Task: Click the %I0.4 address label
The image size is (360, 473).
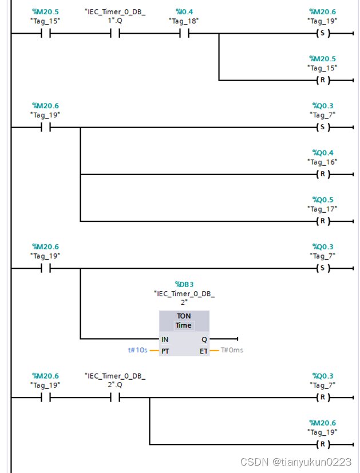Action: pyautogui.click(x=184, y=11)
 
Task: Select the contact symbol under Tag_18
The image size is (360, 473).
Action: pyautogui.click(x=184, y=33)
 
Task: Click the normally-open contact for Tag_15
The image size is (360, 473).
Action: pyautogui.click(x=45, y=33)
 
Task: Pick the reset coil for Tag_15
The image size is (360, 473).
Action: pyautogui.click(x=323, y=80)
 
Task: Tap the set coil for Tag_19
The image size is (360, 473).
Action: pyautogui.click(x=323, y=33)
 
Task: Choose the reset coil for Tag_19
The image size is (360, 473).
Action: pyautogui.click(x=323, y=444)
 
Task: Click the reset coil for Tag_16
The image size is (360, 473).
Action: pyautogui.click(x=323, y=174)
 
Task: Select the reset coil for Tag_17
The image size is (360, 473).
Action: pyautogui.click(x=323, y=221)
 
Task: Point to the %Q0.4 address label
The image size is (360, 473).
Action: pyautogui.click(x=322, y=153)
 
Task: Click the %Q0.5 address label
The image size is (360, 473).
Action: pyautogui.click(x=322, y=200)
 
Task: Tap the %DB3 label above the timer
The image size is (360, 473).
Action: pyautogui.click(x=184, y=284)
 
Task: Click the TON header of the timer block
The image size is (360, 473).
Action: pyautogui.click(x=184, y=316)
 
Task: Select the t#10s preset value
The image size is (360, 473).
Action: pyautogui.click(x=137, y=350)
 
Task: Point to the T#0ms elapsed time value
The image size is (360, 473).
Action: pyautogui.click(x=232, y=350)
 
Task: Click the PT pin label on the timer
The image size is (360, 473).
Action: pyautogui.click(x=165, y=351)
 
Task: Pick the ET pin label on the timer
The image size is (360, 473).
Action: pyautogui.click(x=203, y=351)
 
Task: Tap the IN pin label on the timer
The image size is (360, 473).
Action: pyautogui.click(x=165, y=339)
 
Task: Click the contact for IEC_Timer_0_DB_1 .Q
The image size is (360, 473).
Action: pyautogui.click(x=115, y=33)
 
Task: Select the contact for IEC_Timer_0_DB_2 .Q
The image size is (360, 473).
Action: pyautogui.click(x=115, y=398)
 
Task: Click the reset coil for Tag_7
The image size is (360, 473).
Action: pyautogui.click(x=323, y=398)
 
